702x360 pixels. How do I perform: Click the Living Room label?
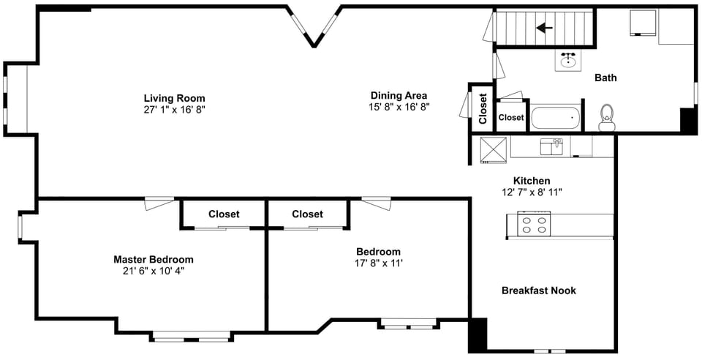pyautogui.click(x=174, y=98)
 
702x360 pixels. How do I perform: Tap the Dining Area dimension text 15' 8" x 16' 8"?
pyautogui.click(x=399, y=107)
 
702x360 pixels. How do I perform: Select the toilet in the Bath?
pyautogui.click(x=607, y=117)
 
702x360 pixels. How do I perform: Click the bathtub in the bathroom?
pyautogui.click(x=555, y=118)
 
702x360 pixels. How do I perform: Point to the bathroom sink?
pyautogui.click(x=568, y=59)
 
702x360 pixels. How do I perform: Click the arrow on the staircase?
pyautogui.click(x=544, y=29)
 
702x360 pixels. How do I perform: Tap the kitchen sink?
pyautogui.click(x=551, y=146)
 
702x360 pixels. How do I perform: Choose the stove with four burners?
pyautogui.click(x=534, y=223)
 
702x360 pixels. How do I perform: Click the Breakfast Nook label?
pyautogui.click(x=539, y=290)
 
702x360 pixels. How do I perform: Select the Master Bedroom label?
pyautogui.click(x=154, y=259)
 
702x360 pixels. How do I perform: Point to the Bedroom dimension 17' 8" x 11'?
pyautogui.click(x=379, y=263)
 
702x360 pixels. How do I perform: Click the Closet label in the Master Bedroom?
pyautogui.click(x=224, y=214)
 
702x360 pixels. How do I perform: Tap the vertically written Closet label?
pyautogui.click(x=483, y=108)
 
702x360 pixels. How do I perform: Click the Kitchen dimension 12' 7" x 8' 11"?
pyautogui.click(x=532, y=192)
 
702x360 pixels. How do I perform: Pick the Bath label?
pyautogui.click(x=605, y=78)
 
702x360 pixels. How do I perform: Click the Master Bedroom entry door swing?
pyautogui.click(x=159, y=203)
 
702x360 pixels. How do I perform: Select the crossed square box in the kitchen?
pyautogui.click(x=494, y=150)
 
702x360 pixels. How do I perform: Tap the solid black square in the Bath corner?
pyautogui.click(x=689, y=120)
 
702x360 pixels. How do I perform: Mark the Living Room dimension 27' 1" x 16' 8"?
pyautogui.click(x=174, y=109)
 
